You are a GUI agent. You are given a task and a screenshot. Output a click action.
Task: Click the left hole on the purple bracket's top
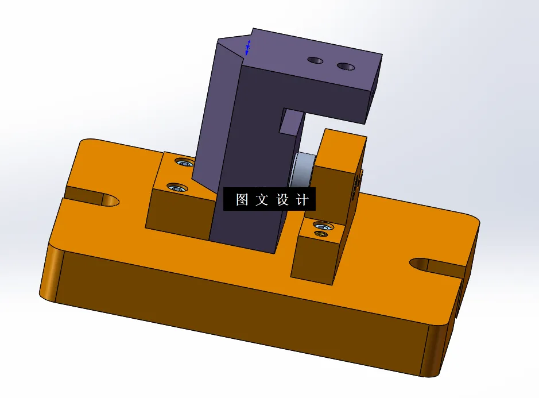pyautogui.click(x=315, y=60)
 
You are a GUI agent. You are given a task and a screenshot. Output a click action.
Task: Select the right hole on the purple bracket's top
pyautogui.click(x=346, y=67)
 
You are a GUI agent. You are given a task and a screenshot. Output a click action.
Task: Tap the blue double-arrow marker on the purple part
pyautogui.click(x=247, y=48)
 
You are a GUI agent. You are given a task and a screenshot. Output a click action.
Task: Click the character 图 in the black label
pyautogui.click(x=242, y=200)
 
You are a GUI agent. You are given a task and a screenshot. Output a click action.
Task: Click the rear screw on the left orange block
pyautogui.click(x=184, y=163)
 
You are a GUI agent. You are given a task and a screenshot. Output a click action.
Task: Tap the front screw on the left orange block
pyautogui.click(x=176, y=187)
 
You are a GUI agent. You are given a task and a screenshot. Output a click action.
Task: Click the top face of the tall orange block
pyautogui.click(x=343, y=149)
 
